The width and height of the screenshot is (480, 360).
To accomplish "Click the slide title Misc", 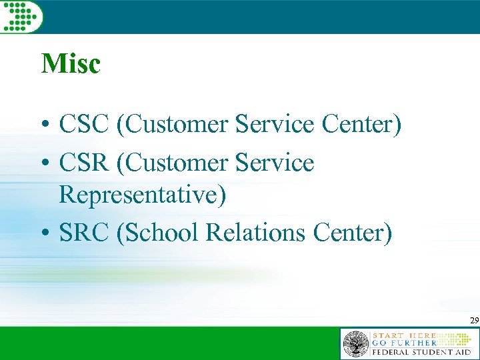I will click(x=71, y=64).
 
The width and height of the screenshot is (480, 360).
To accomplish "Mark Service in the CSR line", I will click(x=275, y=162).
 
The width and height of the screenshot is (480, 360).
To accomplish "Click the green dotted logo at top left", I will click(x=21, y=16).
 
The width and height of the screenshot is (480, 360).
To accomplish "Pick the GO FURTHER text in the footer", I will click(x=404, y=342).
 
